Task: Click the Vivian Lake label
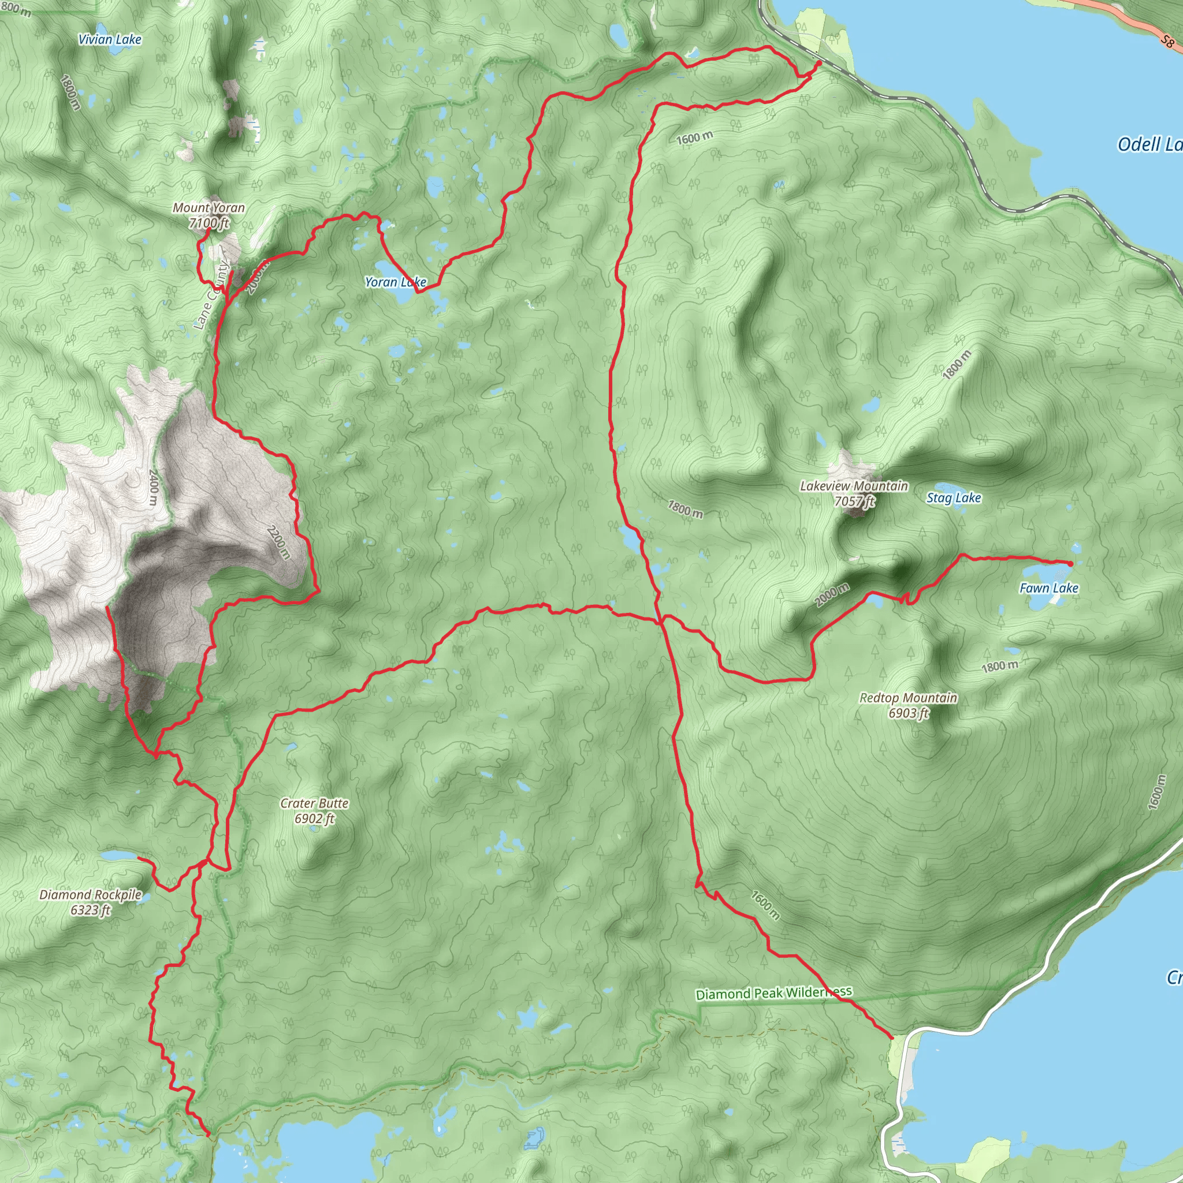(110, 39)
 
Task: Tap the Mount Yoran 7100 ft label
(209, 215)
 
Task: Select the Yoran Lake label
(395, 282)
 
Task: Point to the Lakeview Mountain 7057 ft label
(854, 493)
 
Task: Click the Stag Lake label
(953, 498)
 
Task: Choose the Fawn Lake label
(1048, 588)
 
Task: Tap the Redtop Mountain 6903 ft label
(908, 705)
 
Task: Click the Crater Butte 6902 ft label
(314, 810)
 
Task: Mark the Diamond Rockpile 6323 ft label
(91, 902)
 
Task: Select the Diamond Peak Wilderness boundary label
(773, 992)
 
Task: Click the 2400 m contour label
(154, 487)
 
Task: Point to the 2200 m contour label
(278, 541)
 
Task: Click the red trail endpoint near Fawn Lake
(1070, 563)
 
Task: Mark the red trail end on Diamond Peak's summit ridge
(107, 608)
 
